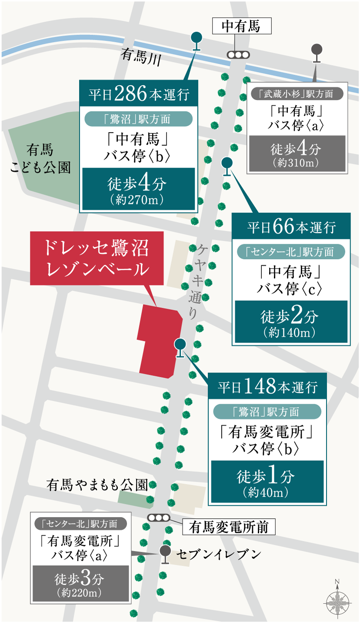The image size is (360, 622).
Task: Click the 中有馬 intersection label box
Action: coord(241,27)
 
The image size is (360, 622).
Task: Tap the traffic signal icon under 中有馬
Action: coord(238,55)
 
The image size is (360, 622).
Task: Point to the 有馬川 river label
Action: coord(141,57)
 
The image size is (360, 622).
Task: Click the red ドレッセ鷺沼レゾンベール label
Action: coord(97,258)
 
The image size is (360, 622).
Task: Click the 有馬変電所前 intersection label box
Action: coord(229,527)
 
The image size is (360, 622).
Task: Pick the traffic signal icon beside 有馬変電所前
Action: coord(158,518)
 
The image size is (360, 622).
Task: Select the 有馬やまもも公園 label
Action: coord(97,485)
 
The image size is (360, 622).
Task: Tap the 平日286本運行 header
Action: coord(139,94)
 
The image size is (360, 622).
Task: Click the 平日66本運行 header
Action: coord(291,227)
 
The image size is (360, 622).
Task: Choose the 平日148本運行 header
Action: coord(267,386)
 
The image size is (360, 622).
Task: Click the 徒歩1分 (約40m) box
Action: coord(267,482)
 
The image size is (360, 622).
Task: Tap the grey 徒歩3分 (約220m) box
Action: coord(80,583)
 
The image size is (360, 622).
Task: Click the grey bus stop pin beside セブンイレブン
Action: coord(165,552)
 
